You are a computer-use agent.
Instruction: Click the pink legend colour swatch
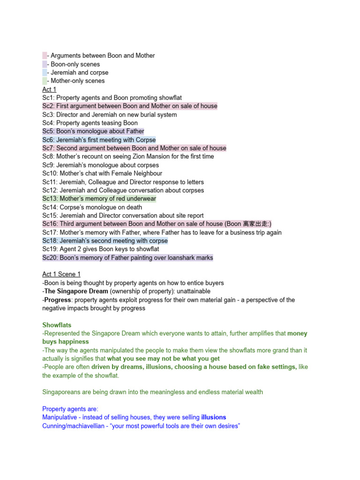tap(45, 56)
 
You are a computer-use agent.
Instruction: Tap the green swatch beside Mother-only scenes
tap(45, 81)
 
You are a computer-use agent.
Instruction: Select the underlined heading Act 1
tap(49, 90)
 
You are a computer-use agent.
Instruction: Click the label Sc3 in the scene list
tap(48, 115)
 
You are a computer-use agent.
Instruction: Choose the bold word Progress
tap(58, 300)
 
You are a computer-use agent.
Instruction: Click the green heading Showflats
tap(57, 325)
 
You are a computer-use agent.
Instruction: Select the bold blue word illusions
tap(214, 417)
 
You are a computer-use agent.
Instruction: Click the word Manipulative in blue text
tap(60, 417)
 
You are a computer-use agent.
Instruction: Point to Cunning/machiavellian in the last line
tap(73, 426)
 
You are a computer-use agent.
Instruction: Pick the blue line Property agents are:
tap(70, 409)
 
